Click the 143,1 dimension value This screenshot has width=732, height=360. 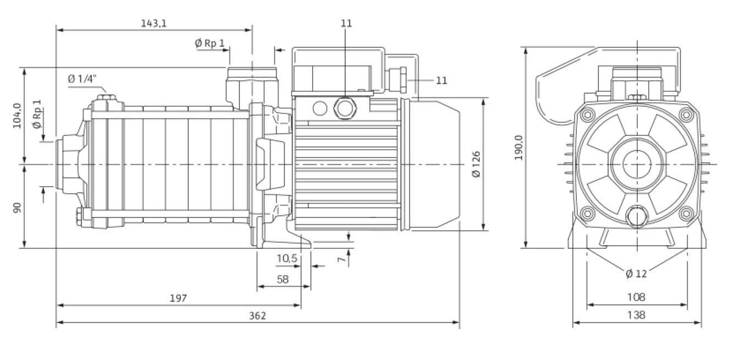click(154, 23)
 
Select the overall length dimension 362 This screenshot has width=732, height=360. click(257, 315)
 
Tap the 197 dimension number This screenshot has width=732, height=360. click(178, 298)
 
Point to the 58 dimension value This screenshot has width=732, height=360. click(282, 279)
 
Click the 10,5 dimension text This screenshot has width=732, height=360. click(287, 258)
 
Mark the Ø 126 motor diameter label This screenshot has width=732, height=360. click(476, 163)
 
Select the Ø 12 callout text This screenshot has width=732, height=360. click(636, 274)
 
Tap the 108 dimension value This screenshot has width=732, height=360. click(636, 297)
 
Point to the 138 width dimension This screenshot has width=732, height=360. click(636, 315)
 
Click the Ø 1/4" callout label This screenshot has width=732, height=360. click(82, 79)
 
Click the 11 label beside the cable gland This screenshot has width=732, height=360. click(441, 80)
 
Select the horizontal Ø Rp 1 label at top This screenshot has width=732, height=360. click(210, 42)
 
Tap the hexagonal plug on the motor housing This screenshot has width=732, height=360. click(345, 108)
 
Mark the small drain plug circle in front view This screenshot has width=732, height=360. click(637, 216)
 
